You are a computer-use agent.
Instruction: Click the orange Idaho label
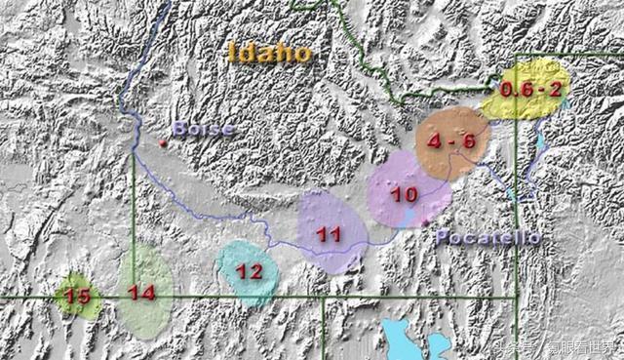[x=270, y=52]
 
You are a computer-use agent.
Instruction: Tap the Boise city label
[x=203, y=129]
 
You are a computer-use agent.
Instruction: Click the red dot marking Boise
[x=163, y=143]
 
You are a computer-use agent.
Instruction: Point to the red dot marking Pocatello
[x=426, y=225]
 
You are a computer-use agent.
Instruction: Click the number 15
[x=77, y=294]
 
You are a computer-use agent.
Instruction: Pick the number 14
[x=142, y=292]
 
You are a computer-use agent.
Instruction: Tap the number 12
[x=250, y=272]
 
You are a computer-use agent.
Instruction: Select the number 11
[x=329, y=234]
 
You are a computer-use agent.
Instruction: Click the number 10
[x=404, y=194]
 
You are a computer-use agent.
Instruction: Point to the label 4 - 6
[x=450, y=141]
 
